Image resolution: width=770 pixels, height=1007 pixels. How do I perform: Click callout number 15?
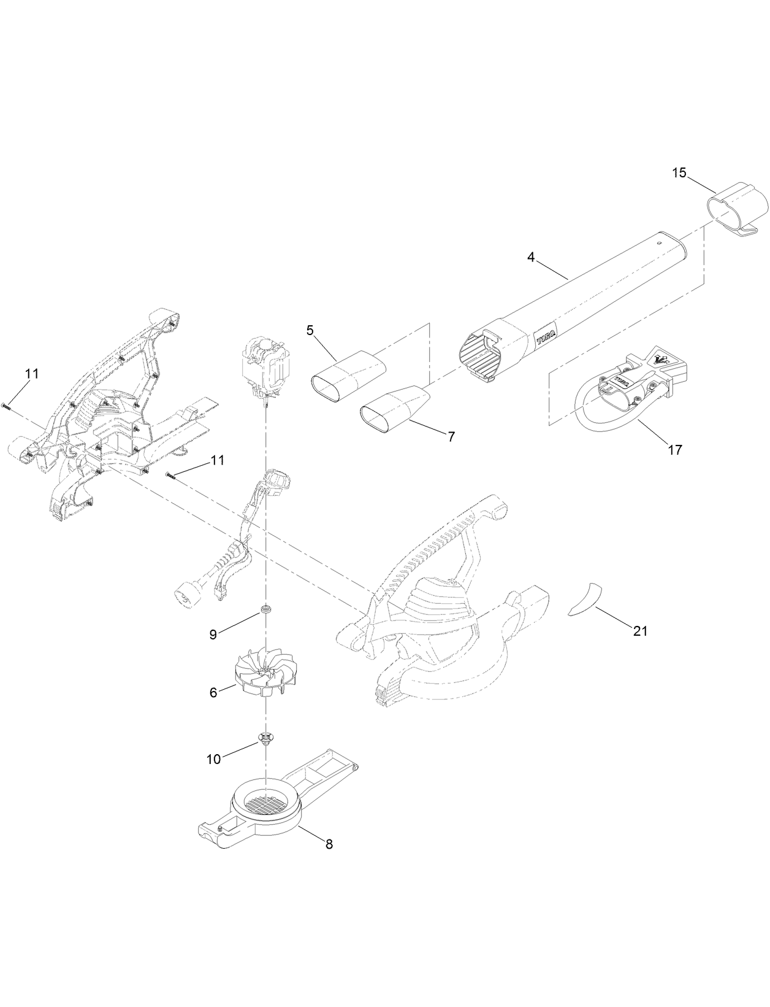point(679,172)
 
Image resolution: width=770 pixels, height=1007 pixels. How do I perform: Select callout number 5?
point(310,330)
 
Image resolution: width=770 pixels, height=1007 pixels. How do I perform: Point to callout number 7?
point(451,437)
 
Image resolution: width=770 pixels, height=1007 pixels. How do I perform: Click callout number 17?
point(674,450)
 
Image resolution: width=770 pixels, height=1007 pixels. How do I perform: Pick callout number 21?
point(640,631)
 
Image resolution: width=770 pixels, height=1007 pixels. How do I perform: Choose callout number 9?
point(213,635)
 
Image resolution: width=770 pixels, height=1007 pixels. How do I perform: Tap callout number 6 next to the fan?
point(213,692)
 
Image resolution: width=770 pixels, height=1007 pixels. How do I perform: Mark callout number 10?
point(213,759)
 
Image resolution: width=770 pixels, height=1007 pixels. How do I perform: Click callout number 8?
point(329,844)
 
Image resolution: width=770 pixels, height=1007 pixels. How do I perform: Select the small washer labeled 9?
point(266,609)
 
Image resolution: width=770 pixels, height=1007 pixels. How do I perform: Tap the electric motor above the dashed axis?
point(264,366)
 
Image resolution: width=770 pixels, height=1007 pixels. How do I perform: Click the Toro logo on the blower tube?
point(546,334)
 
